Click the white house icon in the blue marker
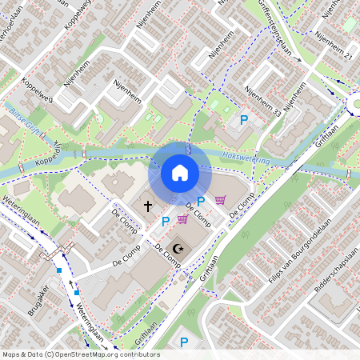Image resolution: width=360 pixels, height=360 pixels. (180, 172)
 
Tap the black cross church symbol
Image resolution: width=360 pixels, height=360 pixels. (147, 206)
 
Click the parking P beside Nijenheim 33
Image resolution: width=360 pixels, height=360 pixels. (244, 120)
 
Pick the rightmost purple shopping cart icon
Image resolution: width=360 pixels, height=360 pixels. (220, 201)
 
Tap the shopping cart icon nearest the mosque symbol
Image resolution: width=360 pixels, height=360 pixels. (182, 219)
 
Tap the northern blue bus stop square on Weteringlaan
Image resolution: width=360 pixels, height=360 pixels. (59, 270)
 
